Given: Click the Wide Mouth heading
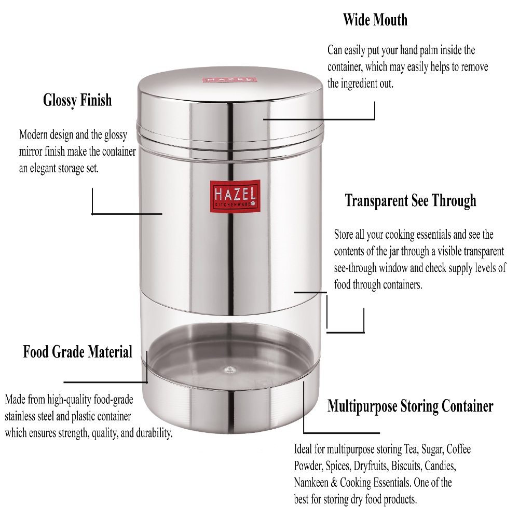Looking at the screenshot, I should [375, 21].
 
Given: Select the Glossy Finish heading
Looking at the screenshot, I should [77, 100].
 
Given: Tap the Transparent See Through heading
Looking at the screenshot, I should [411, 200].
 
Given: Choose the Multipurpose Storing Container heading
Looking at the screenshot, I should [410, 406].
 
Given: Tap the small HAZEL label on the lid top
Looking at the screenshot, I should [229, 81].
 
